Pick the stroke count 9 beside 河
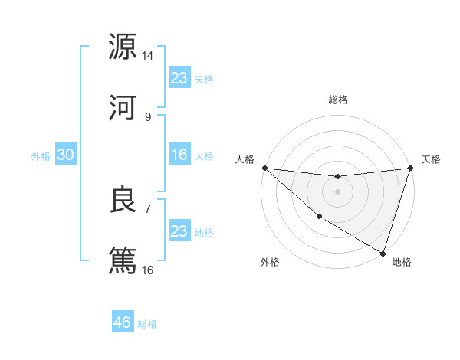pyautogui.click(x=148, y=116)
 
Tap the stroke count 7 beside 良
pyautogui.click(x=148, y=208)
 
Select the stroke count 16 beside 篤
pyautogui.click(x=148, y=270)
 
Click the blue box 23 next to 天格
pyautogui.click(x=179, y=78)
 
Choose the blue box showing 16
pyautogui.click(x=179, y=155)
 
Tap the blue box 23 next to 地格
pyautogui.click(x=179, y=231)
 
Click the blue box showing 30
pyautogui.click(x=66, y=155)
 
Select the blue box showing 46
pyautogui.click(x=123, y=322)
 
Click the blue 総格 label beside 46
pyautogui.click(x=147, y=324)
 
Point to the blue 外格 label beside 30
pyautogui.click(x=41, y=156)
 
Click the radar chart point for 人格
pyautogui.click(x=264, y=168)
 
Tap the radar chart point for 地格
pyautogui.click(x=383, y=253)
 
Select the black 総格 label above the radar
pyautogui.click(x=338, y=100)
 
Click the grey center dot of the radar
pyautogui.click(x=337, y=191)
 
